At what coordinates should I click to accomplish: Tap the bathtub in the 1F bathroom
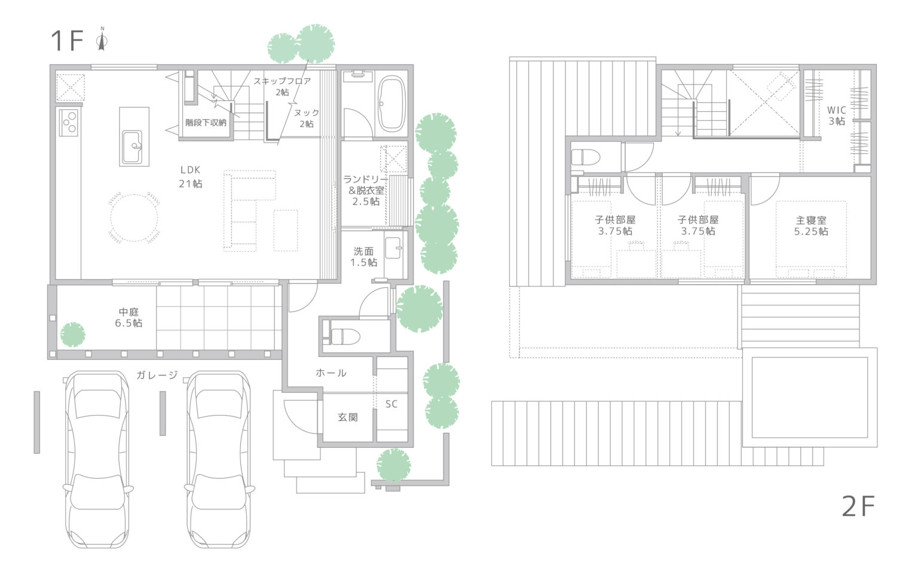tap(391, 103)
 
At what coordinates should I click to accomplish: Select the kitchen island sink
tap(132, 146)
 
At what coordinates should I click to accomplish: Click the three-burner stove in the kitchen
tap(69, 122)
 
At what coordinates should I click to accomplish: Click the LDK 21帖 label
tap(191, 177)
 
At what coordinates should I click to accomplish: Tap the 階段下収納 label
tap(206, 123)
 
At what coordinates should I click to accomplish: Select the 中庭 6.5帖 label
tap(128, 317)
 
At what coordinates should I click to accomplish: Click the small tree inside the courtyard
tap(72, 335)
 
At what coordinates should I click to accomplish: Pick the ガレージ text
tap(157, 375)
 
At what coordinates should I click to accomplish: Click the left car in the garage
tap(98, 459)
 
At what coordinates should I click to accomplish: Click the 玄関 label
tap(348, 417)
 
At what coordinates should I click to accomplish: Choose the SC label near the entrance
tap(391, 404)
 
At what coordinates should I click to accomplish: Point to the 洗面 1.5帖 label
tap(363, 257)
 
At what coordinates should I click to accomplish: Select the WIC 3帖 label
tap(837, 115)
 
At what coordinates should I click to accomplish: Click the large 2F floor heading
tap(858, 507)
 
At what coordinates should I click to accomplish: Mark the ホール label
tap(331, 373)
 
